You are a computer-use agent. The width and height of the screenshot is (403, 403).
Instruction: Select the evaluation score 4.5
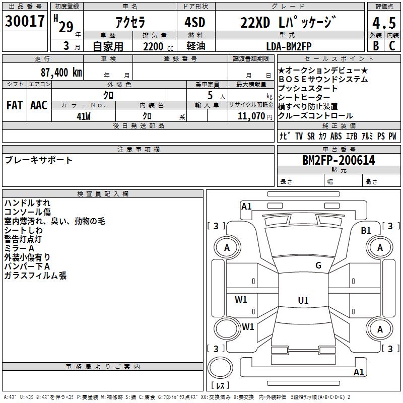[384, 23]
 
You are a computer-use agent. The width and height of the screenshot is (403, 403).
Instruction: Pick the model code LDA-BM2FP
[289, 46]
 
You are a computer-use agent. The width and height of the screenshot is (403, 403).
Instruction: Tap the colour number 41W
[84, 116]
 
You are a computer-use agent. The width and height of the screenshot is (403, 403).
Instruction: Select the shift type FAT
[14, 105]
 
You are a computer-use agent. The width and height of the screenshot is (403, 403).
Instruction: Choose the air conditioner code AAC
[39, 105]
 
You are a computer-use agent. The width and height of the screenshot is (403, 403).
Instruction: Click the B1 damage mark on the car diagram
[366, 231]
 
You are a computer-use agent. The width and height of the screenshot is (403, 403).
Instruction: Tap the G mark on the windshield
[318, 265]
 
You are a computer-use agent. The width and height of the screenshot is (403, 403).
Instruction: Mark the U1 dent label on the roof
[303, 301]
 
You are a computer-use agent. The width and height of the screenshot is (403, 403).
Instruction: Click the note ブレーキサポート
[39, 160]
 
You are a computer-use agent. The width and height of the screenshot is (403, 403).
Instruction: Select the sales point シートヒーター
[304, 97]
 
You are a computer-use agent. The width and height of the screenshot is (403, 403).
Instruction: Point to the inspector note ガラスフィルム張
[35, 276]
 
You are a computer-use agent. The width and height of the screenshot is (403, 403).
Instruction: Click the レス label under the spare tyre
[220, 386]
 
